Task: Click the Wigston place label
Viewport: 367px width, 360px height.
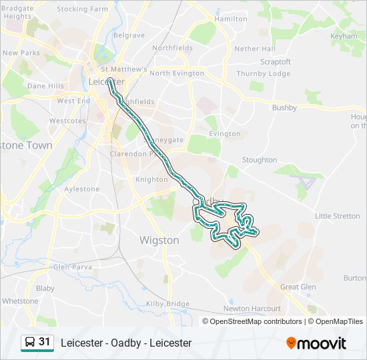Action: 159,240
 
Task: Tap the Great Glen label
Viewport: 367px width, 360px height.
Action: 298,287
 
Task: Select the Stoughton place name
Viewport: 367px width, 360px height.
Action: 259,160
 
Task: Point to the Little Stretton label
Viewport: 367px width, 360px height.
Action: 337,216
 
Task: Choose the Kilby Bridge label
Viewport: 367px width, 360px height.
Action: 167,303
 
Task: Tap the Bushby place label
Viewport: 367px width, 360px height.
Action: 284,107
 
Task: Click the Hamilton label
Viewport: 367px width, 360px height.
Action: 231,19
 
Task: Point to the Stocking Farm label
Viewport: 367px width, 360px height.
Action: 82,9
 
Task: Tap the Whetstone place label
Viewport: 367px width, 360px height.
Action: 20,301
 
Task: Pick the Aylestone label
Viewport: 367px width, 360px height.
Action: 81,189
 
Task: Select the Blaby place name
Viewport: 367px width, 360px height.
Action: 45,289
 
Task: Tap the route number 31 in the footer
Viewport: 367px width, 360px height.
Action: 45,342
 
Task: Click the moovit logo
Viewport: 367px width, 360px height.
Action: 316,343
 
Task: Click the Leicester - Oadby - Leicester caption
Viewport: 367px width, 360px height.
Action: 126,343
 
